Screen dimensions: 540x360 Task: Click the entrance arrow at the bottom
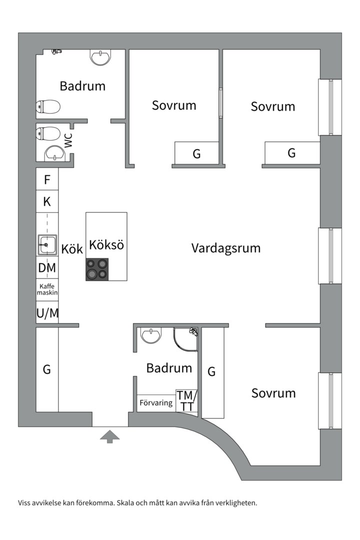[110, 437]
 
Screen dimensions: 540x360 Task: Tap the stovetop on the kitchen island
[97, 269]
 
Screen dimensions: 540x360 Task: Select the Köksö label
[106, 245]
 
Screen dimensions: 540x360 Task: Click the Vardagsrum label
[226, 248]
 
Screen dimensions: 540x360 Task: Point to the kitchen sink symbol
[47, 245]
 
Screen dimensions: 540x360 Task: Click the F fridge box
[47, 179]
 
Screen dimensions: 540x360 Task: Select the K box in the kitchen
[47, 202]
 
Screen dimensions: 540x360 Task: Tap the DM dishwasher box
[47, 268]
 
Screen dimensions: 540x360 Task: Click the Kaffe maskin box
[47, 289]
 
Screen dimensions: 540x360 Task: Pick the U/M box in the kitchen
[47, 313]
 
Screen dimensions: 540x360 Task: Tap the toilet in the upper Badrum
[48, 106]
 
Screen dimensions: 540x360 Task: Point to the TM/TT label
[187, 401]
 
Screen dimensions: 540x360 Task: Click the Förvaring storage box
[156, 402]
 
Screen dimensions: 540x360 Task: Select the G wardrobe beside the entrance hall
[47, 369]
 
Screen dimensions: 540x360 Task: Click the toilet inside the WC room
[47, 134]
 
